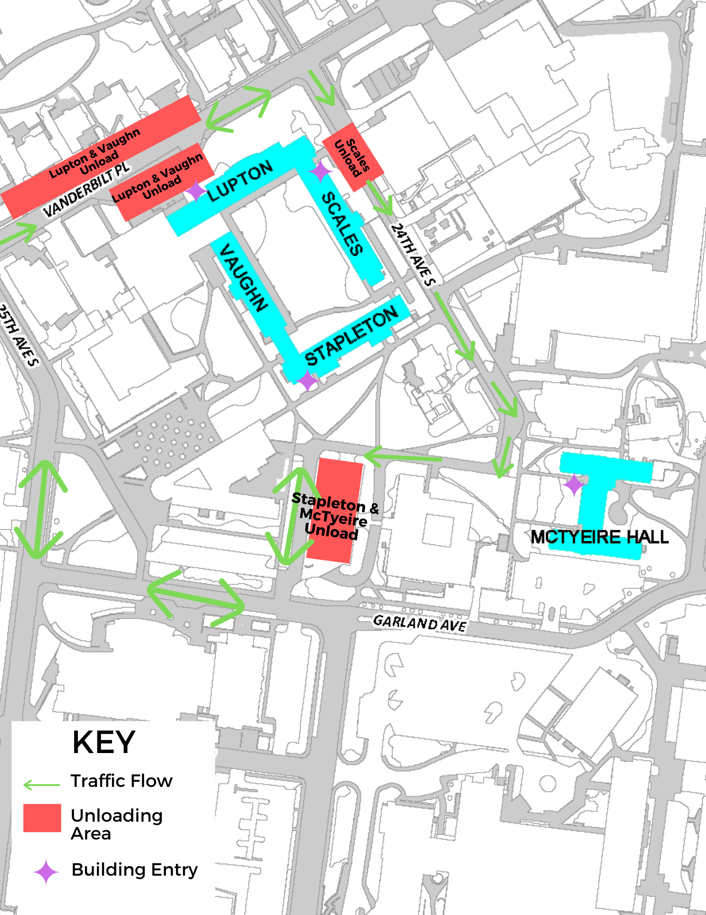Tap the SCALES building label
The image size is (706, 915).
coord(343,223)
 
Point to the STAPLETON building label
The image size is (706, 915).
coord(351,336)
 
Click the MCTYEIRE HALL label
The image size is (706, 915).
coord(600,537)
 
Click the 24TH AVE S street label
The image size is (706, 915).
coord(413,254)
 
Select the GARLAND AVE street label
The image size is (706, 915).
coord(419,623)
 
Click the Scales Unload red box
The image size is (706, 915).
coord(352,157)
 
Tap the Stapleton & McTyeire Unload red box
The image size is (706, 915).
coord(334,511)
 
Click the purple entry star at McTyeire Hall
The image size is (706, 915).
coord(573,484)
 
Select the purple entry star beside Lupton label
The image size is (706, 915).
coord(196,191)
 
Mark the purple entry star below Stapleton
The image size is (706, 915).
coord(307,380)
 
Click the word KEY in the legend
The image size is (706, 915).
coord(104,742)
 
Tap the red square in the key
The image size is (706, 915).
coord(42,818)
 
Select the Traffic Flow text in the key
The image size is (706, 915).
coord(122,781)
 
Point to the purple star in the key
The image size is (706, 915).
coord(46,872)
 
